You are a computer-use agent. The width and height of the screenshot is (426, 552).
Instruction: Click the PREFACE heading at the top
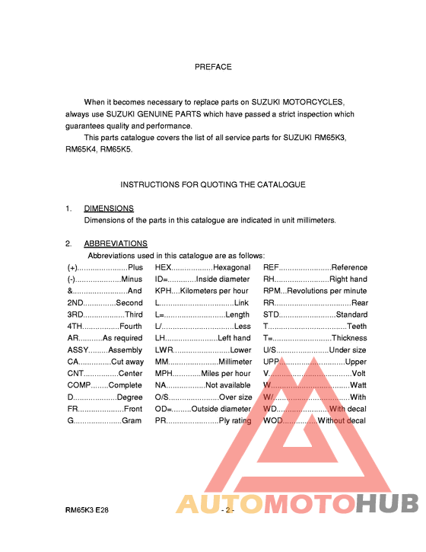213,67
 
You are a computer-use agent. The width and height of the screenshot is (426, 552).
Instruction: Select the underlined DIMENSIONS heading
109,208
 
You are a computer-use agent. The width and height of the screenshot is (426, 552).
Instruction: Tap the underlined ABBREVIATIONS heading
116,244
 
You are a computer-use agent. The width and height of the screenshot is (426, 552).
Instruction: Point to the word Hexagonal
231,267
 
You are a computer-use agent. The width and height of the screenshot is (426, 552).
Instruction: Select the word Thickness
349,338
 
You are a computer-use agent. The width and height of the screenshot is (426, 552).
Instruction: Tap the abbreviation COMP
80,385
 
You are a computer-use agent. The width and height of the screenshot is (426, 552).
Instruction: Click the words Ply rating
235,420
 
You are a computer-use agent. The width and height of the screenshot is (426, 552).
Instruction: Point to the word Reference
349,267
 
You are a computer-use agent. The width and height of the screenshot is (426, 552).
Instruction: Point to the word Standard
351,314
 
